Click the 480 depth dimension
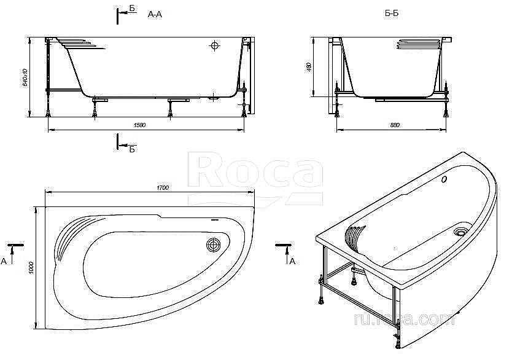309,66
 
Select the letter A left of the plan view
4,261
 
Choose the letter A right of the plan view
292,261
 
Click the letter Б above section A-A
132,9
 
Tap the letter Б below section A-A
132,149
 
